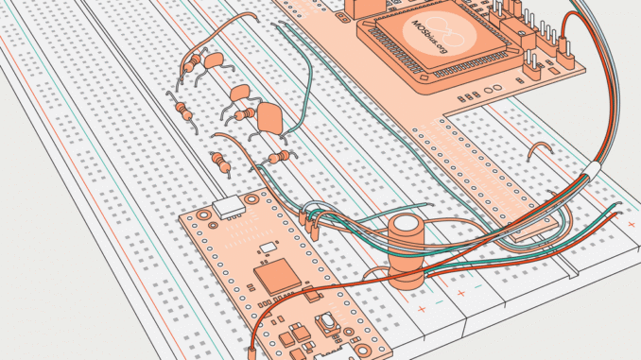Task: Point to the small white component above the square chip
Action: coord(269,248)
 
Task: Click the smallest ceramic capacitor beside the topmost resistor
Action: coord(215,60)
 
